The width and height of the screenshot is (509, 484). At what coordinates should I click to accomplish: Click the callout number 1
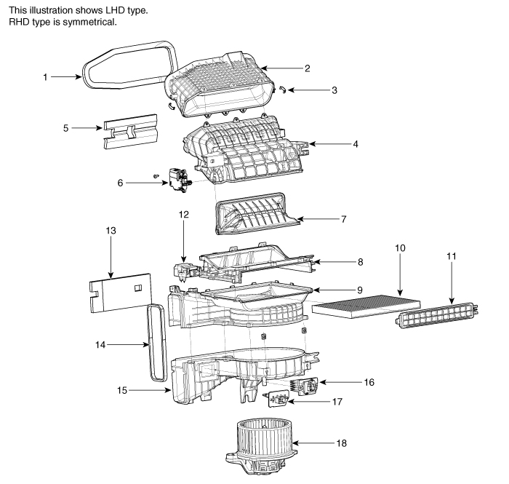coord(45,77)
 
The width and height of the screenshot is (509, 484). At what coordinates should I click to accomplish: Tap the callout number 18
coord(342,443)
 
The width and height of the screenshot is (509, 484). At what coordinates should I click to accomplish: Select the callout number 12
coord(183,215)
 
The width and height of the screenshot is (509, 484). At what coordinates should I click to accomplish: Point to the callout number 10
coord(400,248)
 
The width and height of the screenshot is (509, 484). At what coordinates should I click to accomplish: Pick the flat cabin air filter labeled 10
coord(366,306)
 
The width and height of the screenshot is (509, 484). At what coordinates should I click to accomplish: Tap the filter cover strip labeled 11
coord(437,314)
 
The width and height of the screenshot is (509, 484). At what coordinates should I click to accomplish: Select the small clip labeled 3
coord(282,90)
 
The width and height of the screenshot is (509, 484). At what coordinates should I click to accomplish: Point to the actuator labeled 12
coord(185,271)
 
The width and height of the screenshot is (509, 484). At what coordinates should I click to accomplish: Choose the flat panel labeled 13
coord(120,293)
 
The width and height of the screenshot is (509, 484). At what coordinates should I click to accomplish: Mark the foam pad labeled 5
coord(130,131)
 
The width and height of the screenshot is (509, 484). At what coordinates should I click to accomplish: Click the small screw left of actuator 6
coord(156,176)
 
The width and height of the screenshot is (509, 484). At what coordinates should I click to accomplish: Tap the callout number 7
coord(343,219)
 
